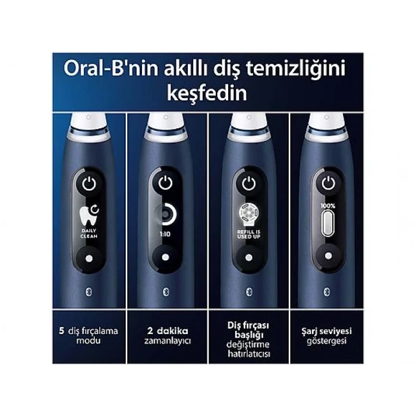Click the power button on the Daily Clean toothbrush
(89, 184)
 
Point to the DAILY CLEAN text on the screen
(89, 232)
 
